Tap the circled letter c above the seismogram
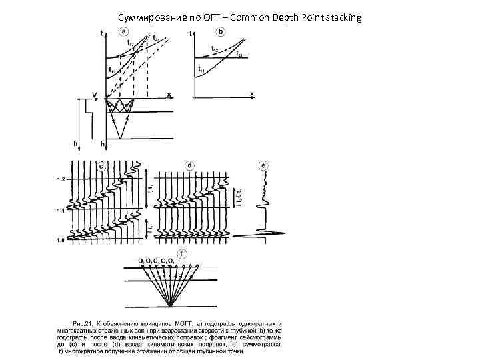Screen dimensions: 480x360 [x=101, y=166]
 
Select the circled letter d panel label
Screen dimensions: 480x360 [x=190, y=165]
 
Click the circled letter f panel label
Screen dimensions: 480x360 [x=181, y=253]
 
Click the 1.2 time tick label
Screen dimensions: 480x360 [x=61, y=181]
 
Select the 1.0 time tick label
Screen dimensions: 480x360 [x=61, y=239]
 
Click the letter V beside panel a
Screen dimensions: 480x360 [x=94, y=95]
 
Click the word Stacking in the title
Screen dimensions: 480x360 [x=342, y=17]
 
